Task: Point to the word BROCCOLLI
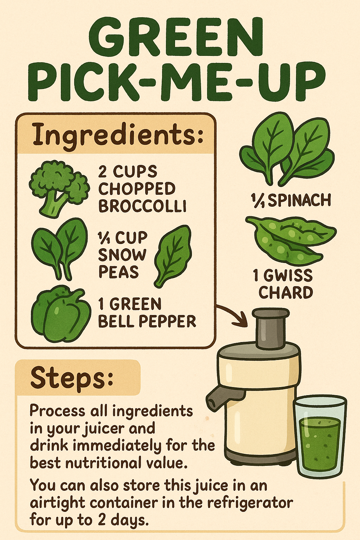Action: tap(142, 206)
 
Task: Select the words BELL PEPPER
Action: tap(147, 321)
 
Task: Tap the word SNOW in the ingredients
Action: tap(122, 255)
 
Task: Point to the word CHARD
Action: tap(285, 293)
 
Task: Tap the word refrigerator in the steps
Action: tap(250, 503)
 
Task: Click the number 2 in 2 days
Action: tap(102, 520)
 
